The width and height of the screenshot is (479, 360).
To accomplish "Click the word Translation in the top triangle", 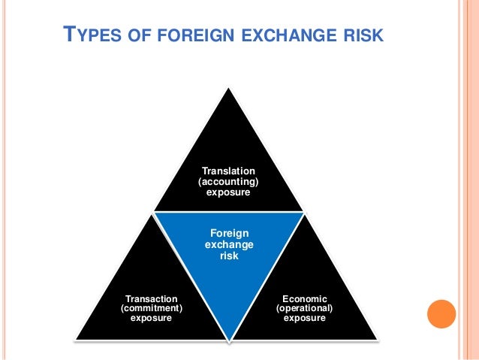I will coord(228,172).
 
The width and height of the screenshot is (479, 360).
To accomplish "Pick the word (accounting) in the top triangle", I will coord(228,183).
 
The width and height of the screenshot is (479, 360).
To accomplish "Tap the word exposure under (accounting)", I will coord(228,193).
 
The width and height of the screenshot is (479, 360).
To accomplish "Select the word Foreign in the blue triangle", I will coord(228,234).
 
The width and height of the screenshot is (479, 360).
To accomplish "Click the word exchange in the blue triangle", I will coord(228,245).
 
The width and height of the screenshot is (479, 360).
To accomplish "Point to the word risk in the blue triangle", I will coord(228,256).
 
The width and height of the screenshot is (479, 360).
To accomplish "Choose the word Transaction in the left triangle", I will coord(151,298).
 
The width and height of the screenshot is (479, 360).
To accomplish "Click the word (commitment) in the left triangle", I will coord(151,308).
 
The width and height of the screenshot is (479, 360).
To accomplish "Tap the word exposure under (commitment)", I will coord(151,318).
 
